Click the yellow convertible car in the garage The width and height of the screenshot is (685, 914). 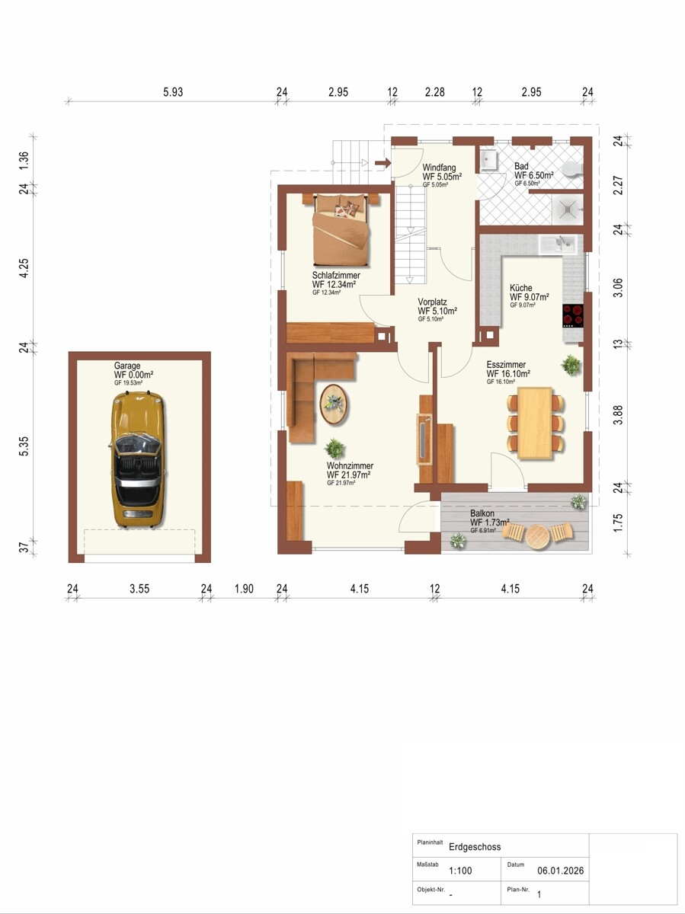138,459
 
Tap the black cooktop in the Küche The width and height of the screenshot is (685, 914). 572,315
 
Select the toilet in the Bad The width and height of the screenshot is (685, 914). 572,169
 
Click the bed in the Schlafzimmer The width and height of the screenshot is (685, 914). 341,229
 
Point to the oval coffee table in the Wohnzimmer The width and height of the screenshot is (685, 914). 334,404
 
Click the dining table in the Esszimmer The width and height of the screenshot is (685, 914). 535,423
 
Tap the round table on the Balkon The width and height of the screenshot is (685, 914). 538,535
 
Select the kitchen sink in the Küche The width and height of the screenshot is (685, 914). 558,244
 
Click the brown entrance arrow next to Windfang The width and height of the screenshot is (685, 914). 383,163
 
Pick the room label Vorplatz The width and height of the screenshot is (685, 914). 432,302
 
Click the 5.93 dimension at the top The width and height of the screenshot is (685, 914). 173,91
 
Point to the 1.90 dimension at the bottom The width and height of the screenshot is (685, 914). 244,588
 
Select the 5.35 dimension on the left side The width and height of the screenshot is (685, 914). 24,446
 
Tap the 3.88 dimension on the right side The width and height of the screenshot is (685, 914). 619,414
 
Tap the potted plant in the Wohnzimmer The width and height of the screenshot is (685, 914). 334,448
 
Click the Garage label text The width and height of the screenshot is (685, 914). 127,366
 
